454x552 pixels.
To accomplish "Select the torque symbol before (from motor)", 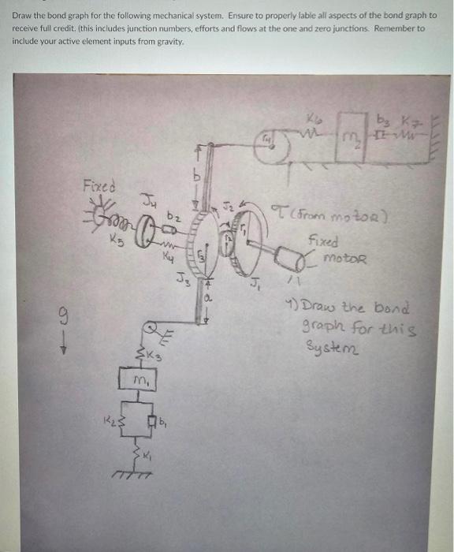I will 274,211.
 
